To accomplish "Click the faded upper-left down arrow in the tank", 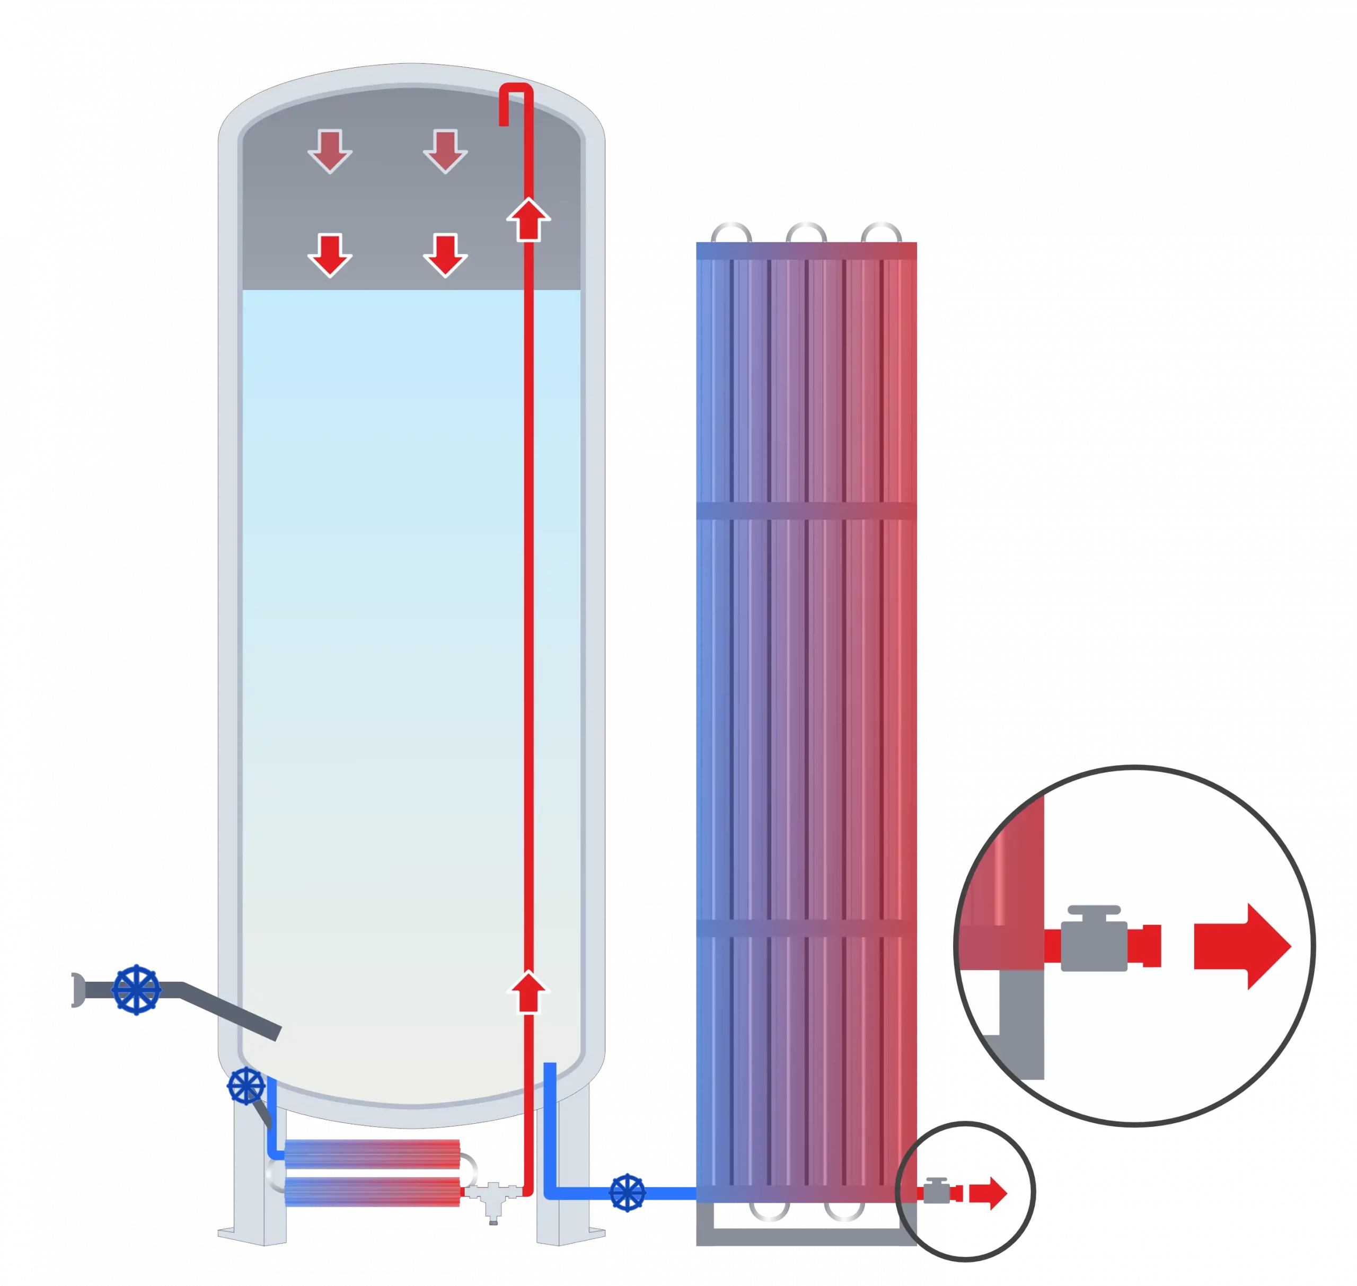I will point(330,151).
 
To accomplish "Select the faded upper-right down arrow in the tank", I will point(445,151).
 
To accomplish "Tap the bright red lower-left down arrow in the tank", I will point(330,255).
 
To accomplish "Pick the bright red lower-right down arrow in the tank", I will point(445,255).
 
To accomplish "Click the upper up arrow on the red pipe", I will point(528,219).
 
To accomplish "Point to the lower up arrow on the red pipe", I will point(528,991).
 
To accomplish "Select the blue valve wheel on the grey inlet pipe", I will point(136,990).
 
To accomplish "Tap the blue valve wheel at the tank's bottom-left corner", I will point(246,1086).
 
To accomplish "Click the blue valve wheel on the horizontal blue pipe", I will point(627,1192).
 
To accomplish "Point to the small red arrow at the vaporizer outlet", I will point(988,1193).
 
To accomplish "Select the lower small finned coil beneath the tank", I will point(372,1192).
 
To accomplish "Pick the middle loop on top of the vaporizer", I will point(805,233).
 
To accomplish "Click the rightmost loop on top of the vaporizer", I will point(880,233).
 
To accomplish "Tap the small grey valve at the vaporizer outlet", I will point(937,1192).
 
